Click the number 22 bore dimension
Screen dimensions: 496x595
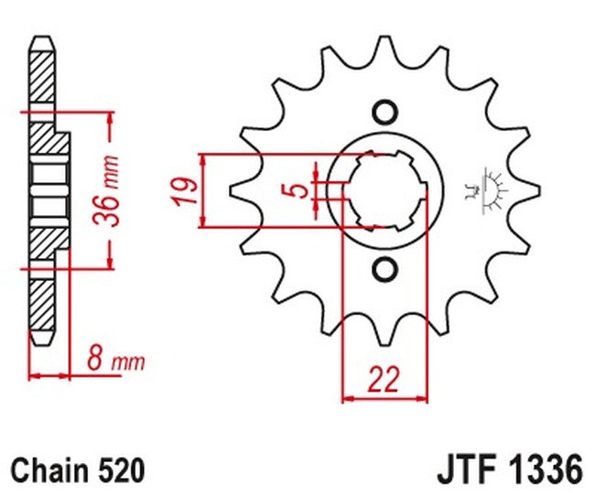click(385, 379)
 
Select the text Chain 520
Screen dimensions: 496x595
click(79, 470)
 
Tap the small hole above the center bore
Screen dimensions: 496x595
click(384, 113)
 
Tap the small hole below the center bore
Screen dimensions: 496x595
click(384, 269)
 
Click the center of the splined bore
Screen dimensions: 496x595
click(384, 190)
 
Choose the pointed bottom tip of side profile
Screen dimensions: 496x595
click(42, 341)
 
